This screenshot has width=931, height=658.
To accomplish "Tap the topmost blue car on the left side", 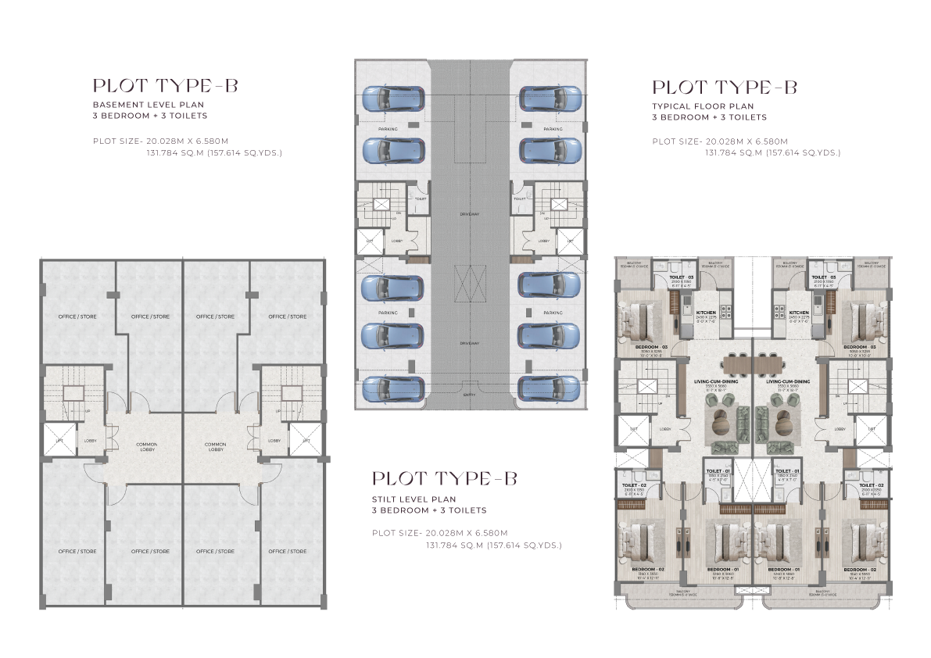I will (x=392, y=99).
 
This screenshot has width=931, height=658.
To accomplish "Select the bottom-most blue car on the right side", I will (x=550, y=388).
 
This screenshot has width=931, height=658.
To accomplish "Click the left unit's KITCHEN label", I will (x=706, y=312).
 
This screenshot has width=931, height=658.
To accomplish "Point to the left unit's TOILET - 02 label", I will (x=631, y=485).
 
